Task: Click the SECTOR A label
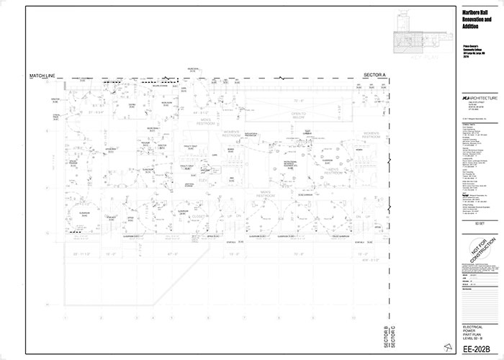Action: [x=375, y=75]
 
